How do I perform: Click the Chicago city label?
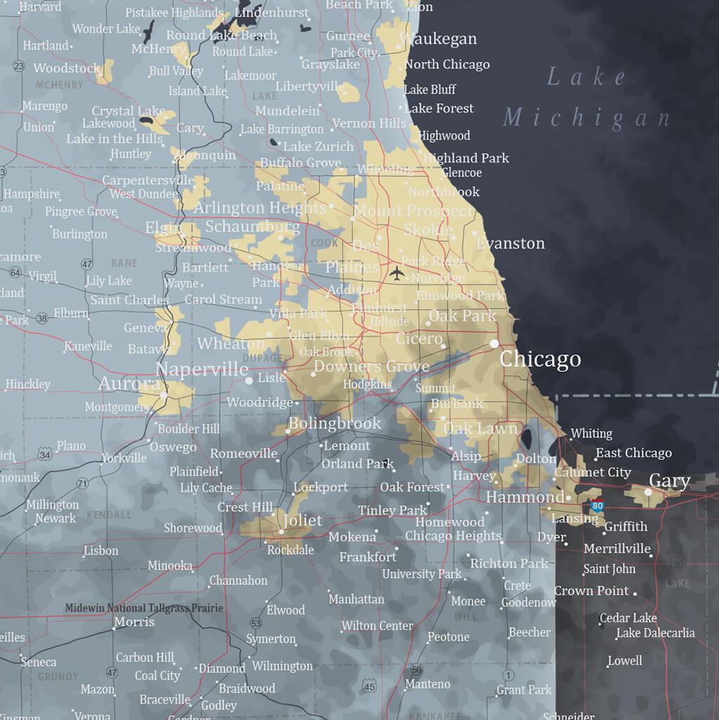tap(540, 359)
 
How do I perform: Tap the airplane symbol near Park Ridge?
tap(397, 273)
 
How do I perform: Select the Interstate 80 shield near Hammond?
tap(597, 505)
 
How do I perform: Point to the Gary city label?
tap(669, 481)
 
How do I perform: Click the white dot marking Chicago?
tap(495, 344)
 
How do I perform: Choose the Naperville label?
tap(202, 370)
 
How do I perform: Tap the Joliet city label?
tap(302, 520)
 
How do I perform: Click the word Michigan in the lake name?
tap(587, 117)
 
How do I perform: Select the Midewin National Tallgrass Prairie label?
tap(144, 608)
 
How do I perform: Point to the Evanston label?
tap(510, 243)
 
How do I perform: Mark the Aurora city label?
tap(129, 384)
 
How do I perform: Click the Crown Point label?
tap(591, 591)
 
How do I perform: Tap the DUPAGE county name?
tap(262, 358)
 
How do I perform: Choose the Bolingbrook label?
tap(335, 423)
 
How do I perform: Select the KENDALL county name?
tap(109, 515)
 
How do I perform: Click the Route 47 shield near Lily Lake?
tap(86, 264)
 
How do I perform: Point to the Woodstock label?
tap(67, 68)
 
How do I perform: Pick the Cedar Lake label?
tap(628, 618)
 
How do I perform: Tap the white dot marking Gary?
tap(648, 491)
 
